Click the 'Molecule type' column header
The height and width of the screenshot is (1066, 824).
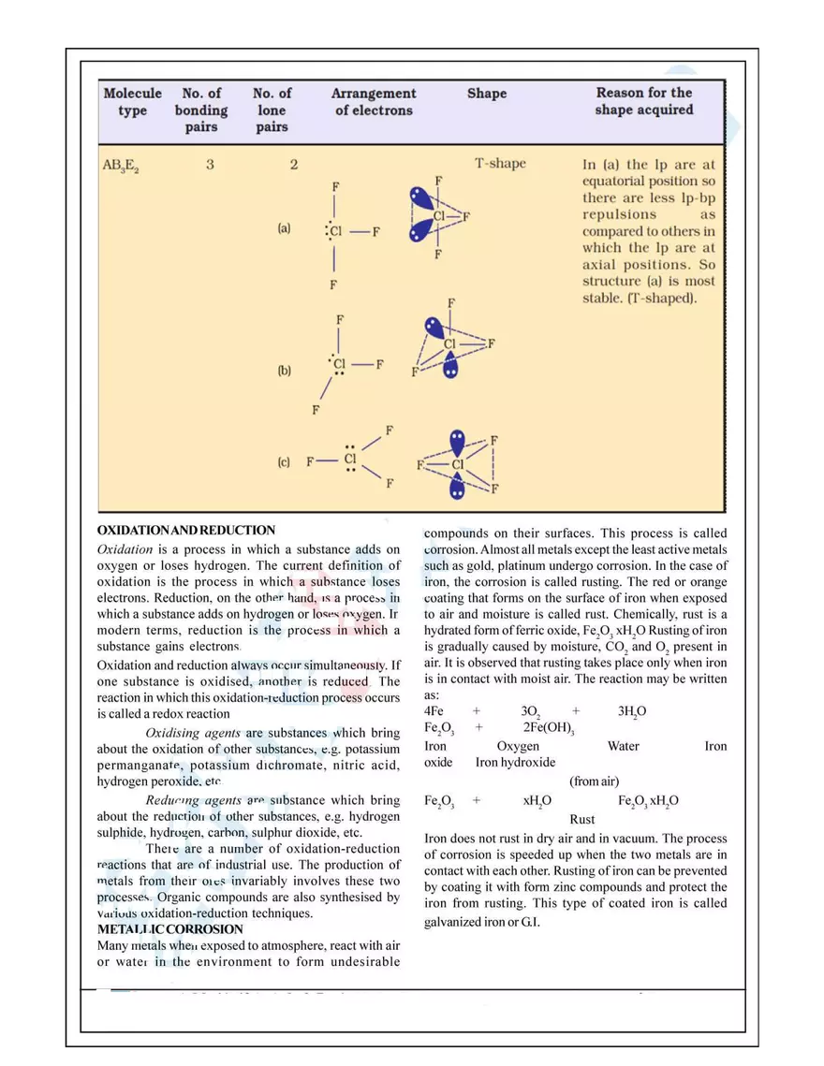click(132, 102)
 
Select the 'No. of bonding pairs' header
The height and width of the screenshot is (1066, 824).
click(201, 110)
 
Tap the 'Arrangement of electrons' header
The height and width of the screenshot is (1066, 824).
click(374, 102)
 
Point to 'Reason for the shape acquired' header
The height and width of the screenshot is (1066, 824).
click(644, 101)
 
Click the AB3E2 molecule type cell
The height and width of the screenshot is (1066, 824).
click(121, 167)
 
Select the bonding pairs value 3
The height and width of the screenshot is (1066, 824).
click(210, 164)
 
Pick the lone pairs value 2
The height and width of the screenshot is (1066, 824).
click(294, 164)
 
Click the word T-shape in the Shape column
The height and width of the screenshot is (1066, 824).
click(500, 164)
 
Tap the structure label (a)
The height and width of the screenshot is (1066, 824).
click(284, 227)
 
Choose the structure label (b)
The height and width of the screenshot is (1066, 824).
click(284, 371)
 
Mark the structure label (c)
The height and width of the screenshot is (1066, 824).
click(284, 462)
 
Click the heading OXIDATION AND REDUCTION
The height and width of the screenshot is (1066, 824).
click(186, 530)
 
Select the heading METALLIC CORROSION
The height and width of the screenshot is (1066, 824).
click(170, 929)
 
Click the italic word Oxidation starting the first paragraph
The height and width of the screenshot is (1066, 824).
click(125, 549)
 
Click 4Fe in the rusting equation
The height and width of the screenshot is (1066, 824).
click(434, 711)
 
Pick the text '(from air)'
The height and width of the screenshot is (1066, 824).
click(594, 781)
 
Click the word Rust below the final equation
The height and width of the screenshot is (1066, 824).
click(581, 820)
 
